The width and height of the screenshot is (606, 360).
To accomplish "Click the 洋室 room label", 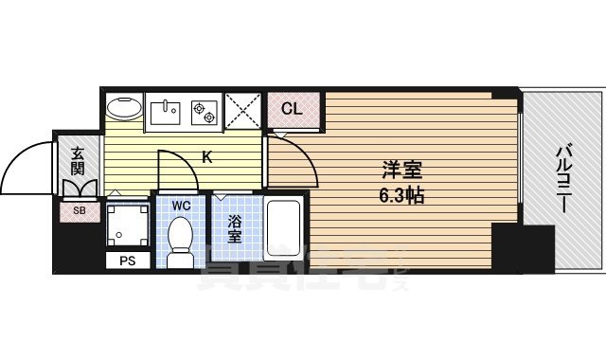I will (401, 171).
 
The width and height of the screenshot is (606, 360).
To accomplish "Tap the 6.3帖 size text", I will (401, 197).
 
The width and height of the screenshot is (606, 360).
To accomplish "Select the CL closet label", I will (293, 109).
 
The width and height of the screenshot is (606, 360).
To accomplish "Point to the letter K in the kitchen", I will (206, 157).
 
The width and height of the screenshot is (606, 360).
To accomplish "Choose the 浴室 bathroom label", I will (234, 229).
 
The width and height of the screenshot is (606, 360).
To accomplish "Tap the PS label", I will (127, 261).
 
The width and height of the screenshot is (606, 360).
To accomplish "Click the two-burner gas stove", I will (204, 112).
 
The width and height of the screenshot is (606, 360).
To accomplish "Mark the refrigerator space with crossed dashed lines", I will (244, 112).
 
